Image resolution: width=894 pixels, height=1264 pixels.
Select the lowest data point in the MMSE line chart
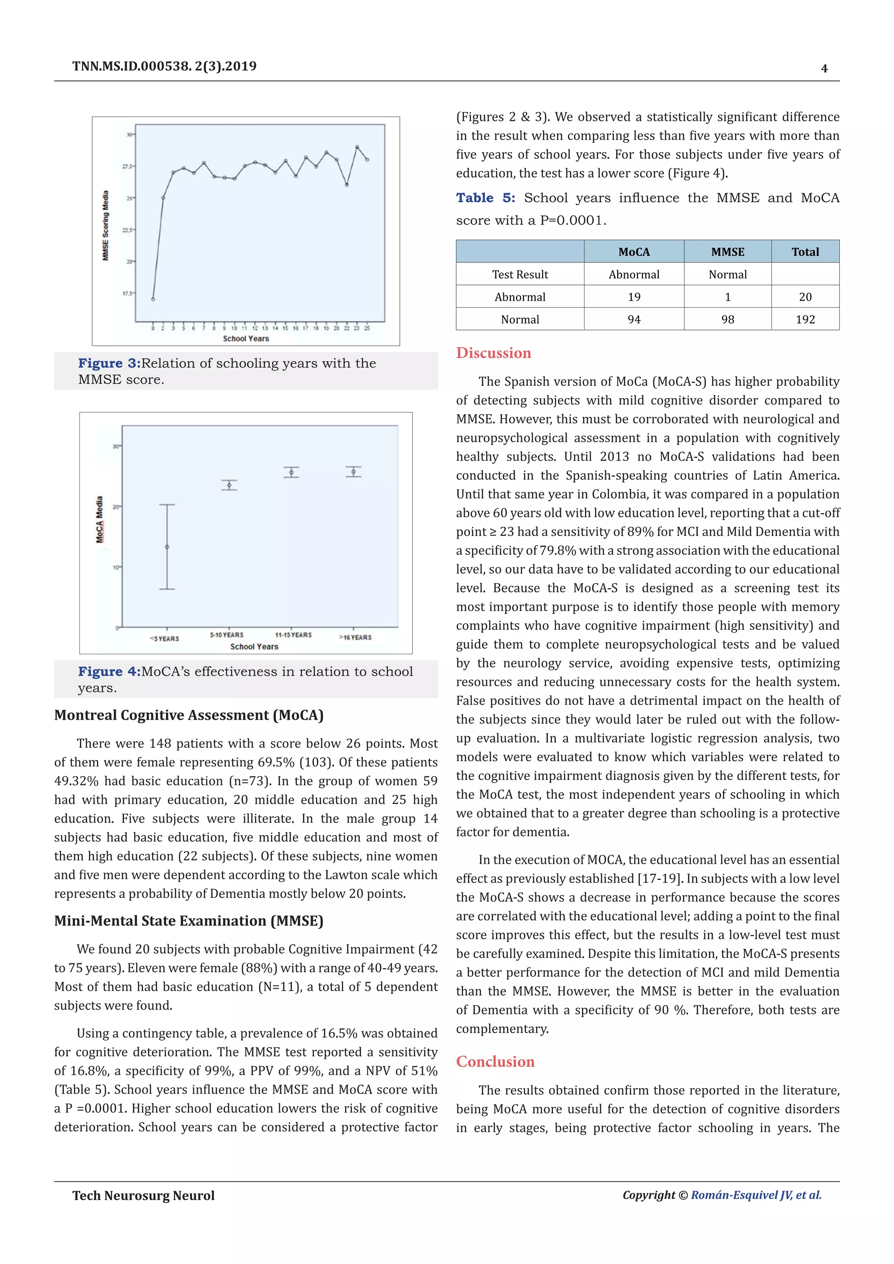pos(153,299)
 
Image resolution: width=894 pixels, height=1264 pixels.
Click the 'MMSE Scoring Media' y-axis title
pos(106,226)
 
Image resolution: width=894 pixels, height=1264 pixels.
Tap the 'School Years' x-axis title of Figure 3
pos(245,339)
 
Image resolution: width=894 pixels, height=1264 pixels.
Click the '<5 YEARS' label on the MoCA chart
pos(165,639)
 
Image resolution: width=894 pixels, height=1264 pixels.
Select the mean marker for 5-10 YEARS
pos(229,485)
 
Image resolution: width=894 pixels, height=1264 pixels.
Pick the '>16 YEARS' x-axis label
pos(356,638)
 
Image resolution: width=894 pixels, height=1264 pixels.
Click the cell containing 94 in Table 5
pos(634,319)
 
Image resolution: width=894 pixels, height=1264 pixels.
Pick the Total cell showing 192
pos(805,319)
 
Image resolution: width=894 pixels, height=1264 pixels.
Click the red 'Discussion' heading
pos(493,353)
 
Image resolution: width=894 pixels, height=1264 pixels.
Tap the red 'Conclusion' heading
pos(495,1061)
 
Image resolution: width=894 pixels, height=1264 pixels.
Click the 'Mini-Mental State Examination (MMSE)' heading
pos(188,921)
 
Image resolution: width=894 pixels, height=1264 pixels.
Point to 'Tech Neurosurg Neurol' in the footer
pos(143,1195)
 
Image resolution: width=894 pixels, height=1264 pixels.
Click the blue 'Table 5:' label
pos(485,198)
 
